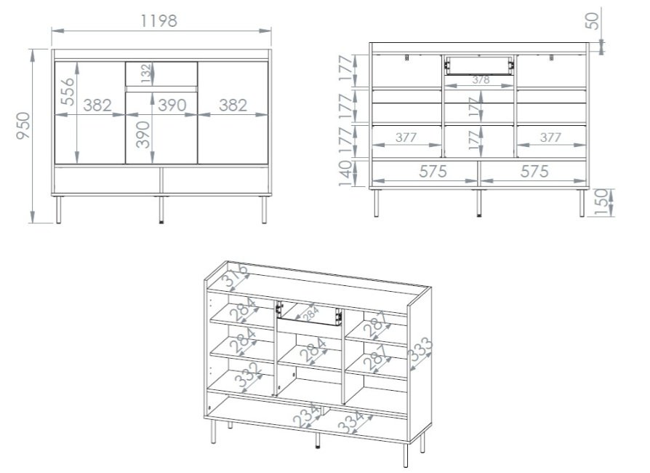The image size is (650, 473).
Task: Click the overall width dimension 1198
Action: pos(159,21)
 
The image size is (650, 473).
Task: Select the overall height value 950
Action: pos(23,126)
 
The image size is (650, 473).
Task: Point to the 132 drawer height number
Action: pos(145,73)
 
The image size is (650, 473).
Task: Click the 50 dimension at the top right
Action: pos(592,21)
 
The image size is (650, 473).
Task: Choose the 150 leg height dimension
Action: pos(603,202)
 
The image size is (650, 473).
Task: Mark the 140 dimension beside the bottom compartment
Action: pos(345,173)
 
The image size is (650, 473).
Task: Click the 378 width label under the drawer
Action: pos(481,79)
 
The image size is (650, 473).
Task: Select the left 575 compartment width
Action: pos(433,171)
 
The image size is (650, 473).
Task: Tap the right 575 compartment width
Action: pos(534,171)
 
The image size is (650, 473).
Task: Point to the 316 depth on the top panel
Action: pos(235,276)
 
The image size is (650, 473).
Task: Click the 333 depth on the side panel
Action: pos(420,349)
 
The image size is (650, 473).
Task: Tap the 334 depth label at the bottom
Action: pos(350,421)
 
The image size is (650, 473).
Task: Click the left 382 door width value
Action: pos(97,106)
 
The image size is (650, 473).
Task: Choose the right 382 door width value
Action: pos(233,106)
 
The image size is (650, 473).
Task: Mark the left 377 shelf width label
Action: pos(406,138)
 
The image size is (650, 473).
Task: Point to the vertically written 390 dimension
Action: pos(143,135)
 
